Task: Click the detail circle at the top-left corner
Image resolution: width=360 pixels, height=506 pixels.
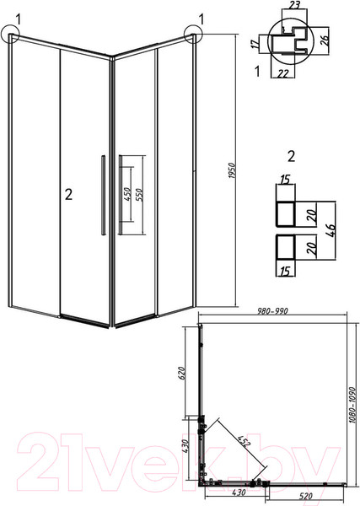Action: (x=13, y=34)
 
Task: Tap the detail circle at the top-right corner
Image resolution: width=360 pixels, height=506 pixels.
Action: (x=191, y=33)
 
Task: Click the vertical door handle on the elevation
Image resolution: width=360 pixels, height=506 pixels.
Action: (x=101, y=194)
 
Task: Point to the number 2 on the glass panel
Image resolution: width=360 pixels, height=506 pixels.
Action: (x=69, y=195)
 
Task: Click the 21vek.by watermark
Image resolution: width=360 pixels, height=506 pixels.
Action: (x=177, y=460)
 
